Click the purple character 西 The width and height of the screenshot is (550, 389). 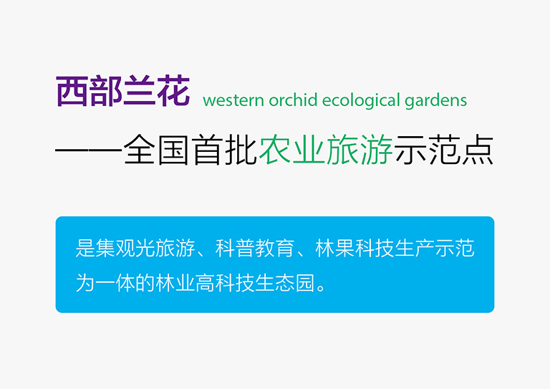(72, 91)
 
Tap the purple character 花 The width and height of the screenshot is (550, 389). (173, 91)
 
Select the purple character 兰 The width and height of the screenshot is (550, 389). (140, 91)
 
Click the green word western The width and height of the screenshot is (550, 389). (233, 101)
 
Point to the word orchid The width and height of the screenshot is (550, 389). (293, 100)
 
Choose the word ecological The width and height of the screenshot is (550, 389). (361, 101)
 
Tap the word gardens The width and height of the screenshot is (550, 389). (435, 101)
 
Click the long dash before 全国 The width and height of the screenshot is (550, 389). (89, 150)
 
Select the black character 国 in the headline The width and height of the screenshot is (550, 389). (173, 150)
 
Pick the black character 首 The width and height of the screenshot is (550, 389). (207, 150)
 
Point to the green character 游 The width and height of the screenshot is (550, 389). (377, 150)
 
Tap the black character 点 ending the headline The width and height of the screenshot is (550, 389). (478, 150)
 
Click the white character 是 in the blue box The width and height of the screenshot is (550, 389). (85, 249)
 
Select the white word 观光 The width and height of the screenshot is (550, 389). (125, 249)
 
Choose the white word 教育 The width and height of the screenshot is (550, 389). (274, 249)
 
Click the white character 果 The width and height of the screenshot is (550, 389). (344, 249)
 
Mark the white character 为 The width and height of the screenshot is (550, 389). (85, 283)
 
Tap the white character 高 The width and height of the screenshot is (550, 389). (205, 283)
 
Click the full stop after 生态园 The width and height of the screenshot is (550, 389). (321, 288)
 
